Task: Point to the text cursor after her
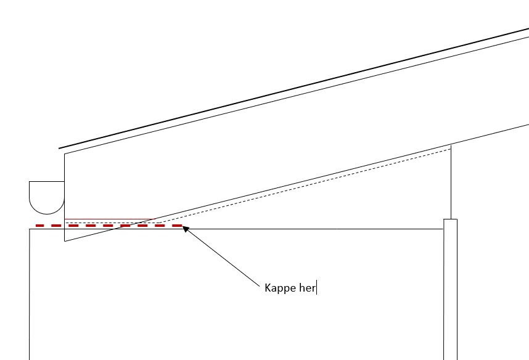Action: click(x=316, y=288)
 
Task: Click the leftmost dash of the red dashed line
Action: click(x=40, y=226)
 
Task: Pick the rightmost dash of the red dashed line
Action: click(x=177, y=226)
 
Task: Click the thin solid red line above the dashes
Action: click(x=110, y=219)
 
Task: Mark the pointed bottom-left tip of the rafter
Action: click(x=65, y=241)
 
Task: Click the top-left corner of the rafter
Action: click(x=65, y=154)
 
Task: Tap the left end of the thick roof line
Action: click(x=59, y=148)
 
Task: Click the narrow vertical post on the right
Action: click(x=451, y=290)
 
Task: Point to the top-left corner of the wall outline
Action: click(x=30, y=229)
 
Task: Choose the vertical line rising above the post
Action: click(x=451, y=182)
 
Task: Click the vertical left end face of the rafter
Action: click(x=65, y=198)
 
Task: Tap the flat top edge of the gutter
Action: click(x=47, y=181)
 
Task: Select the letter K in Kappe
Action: click(x=268, y=288)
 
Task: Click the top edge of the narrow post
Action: click(x=451, y=219)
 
